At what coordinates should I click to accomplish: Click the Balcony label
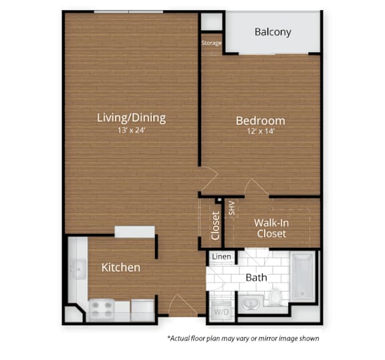tap(273, 32)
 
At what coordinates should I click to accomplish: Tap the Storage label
tap(211, 43)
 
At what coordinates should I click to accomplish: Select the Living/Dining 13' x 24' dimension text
tap(132, 130)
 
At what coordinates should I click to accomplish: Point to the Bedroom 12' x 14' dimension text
tap(261, 131)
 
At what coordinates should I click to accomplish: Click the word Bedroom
tap(261, 121)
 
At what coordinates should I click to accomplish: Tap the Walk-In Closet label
tap(271, 228)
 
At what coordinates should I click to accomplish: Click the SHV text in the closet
tap(232, 208)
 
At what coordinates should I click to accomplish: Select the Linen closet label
tap(221, 256)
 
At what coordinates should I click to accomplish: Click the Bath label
tap(257, 278)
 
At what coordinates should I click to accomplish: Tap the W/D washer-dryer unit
tap(221, 311)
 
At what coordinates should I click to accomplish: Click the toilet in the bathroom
tap(275, 297)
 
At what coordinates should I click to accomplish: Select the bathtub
tap(303, 277)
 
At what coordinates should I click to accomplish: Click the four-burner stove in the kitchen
tap(102, 310)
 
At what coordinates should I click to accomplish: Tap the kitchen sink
tap(78, 269)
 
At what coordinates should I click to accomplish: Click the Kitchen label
tap(121, 267)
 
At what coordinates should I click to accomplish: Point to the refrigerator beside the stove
tap(142, 310)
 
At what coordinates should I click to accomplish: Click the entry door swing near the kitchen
tap(182, 305)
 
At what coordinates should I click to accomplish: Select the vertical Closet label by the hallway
tap(215, 226)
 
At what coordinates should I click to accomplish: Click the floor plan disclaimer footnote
tap(243, 339)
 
